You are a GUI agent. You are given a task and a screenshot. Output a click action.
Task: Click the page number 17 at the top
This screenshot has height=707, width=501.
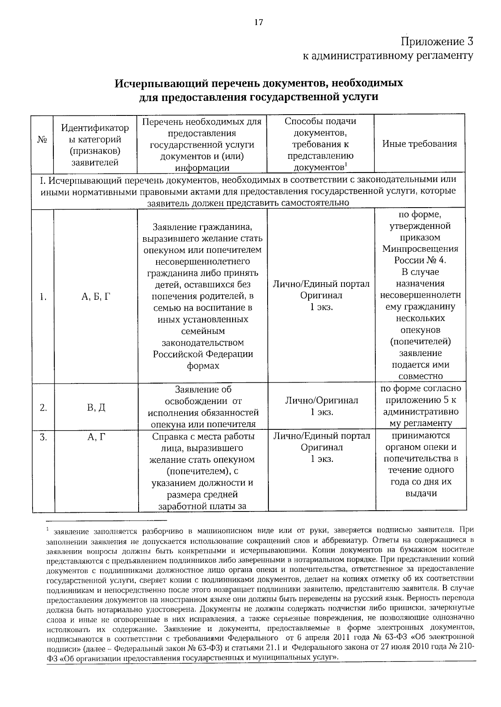pyautogui.click(x=258, y=23)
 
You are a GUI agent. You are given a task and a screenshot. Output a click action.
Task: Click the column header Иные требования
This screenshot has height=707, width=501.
pyautogui.click(x=420, y=144)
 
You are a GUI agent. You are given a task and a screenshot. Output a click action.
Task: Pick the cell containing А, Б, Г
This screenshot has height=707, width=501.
pyautogui.click(x=96, y=297)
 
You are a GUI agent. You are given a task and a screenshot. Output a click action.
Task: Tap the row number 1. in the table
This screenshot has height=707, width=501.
pyautogui.click(x=43, y=297)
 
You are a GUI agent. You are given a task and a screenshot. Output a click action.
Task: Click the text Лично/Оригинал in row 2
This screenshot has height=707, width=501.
pyautogui.click(x=321, y=401)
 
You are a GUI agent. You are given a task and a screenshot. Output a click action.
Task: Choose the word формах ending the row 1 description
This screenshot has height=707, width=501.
pyautogui.click(x=203, y=366)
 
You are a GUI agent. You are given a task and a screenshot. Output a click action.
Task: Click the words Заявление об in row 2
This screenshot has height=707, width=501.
pyautogui.click(x=203, y=390)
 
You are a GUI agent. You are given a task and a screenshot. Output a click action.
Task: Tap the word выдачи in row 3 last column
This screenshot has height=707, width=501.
pyautogui.click(x=421, y=494)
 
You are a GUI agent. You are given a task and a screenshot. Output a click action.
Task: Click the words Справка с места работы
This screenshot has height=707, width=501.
pyautogui.click(x=203, y=437)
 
